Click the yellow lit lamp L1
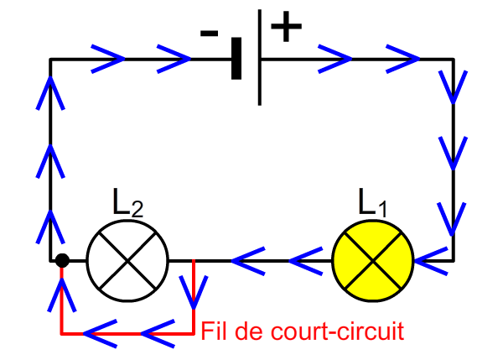click(372, 261)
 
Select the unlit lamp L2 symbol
click(127, 261)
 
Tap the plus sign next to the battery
click(286, 26)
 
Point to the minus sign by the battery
click(209, 33)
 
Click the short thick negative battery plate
click(236, 59)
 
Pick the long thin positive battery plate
click(260, 58)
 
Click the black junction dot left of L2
click(62, 260)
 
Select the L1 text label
click(372, 203)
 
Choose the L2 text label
click(127, 203)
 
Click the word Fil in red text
click(213, 331)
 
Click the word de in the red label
click(249, 331)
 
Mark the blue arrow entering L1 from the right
click(431, 261)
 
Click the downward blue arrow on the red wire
click(194, 292)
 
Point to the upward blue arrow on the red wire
click(62, 295)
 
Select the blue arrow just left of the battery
click(174, 59)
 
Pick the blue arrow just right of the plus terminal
click(334, 59)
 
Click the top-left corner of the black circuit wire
click(50, 59)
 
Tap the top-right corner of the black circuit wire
click(453, 59)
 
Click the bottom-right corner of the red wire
click(194, 334)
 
